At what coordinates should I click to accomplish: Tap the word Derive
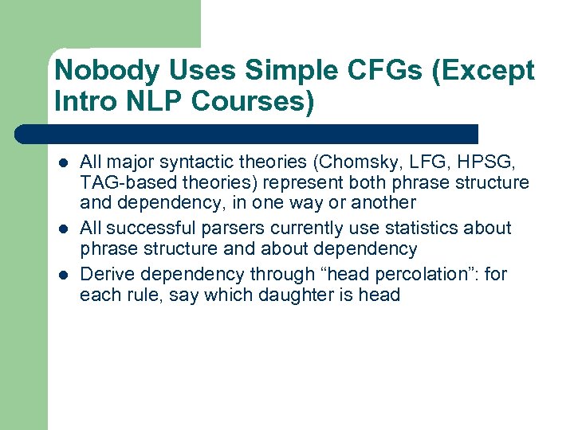(104, 275)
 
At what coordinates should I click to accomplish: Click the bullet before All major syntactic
(63, 163)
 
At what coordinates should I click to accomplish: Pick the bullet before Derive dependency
(63, 276)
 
